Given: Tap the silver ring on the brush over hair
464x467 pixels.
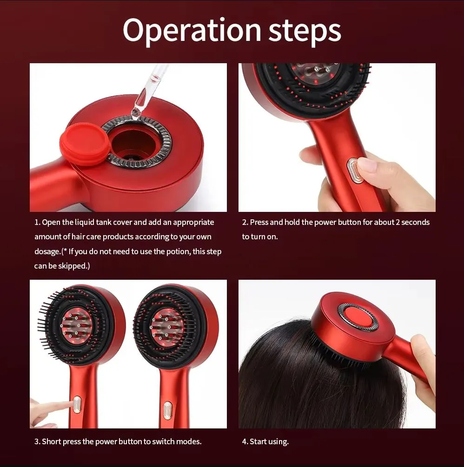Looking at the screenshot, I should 358,317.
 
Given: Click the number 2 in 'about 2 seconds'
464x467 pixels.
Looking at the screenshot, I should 398,222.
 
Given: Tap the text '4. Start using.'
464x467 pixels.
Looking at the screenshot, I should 265,441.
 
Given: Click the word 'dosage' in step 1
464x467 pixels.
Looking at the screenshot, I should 47,251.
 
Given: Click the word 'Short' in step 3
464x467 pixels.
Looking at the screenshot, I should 52,441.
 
